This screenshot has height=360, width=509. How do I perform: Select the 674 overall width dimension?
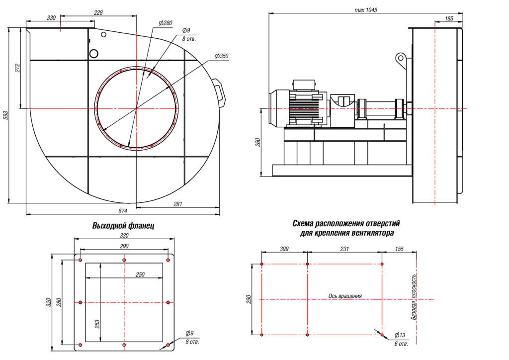click(122, 211)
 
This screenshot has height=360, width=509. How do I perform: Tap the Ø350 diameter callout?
click(222, 56)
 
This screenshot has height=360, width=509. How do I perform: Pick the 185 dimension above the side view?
click(449, 18)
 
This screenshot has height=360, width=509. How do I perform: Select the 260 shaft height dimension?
click(257, 142)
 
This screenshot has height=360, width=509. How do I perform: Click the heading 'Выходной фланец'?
click(123, 226)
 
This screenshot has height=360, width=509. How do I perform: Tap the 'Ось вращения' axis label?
click(345, 296)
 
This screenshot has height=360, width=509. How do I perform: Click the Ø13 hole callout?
click(399, 335)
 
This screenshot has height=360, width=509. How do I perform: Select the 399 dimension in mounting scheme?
click(284, 249)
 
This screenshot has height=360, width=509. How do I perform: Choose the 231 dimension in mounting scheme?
click(344, 249)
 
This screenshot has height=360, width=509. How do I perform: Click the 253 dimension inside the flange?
click(97, 323)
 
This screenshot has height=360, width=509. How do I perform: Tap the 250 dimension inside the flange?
click(140, 274)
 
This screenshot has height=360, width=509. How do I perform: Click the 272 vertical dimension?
click(17, 68)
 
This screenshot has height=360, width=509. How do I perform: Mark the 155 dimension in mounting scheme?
click(399, 249)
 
